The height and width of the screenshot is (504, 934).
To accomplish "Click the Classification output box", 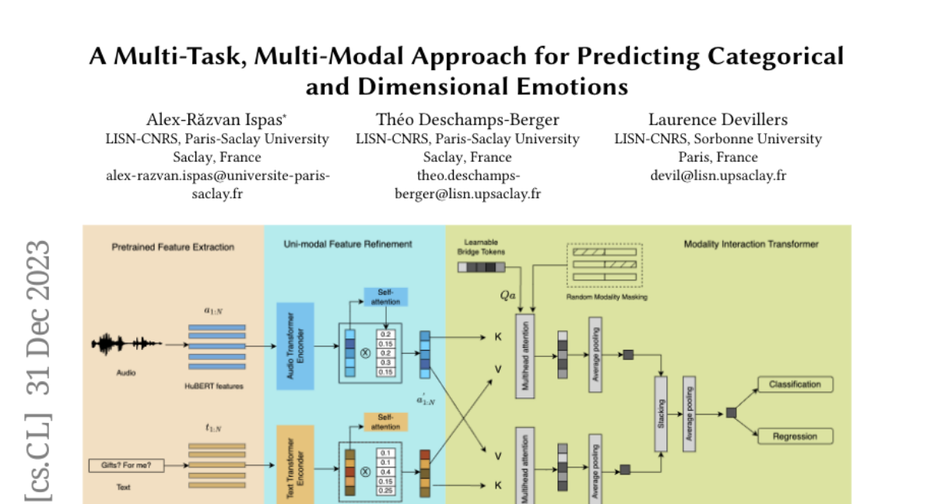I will pos(795,384).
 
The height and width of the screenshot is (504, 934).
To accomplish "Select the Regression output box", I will pos(795,436).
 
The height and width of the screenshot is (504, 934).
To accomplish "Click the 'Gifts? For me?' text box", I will pos(126,466).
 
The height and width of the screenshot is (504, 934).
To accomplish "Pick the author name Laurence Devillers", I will pos(718,119).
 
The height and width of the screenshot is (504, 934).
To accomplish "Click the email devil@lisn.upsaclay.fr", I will pos(718,175).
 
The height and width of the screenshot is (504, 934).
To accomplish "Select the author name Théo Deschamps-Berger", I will pos(467,119).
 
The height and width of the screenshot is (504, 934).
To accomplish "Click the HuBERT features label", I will pos(216,387).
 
